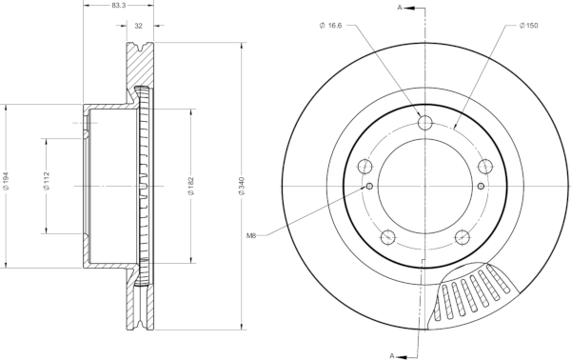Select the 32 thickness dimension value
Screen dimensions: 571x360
138,26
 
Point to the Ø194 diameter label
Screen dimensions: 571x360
6,181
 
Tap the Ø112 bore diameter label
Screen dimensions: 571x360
47,181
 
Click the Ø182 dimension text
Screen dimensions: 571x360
191,186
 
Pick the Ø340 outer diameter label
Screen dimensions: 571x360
242,186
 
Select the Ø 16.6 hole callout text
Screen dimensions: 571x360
330,26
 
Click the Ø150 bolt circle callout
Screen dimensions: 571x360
529,26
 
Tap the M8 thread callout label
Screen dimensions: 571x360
251,236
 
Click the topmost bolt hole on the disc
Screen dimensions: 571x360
425,122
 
